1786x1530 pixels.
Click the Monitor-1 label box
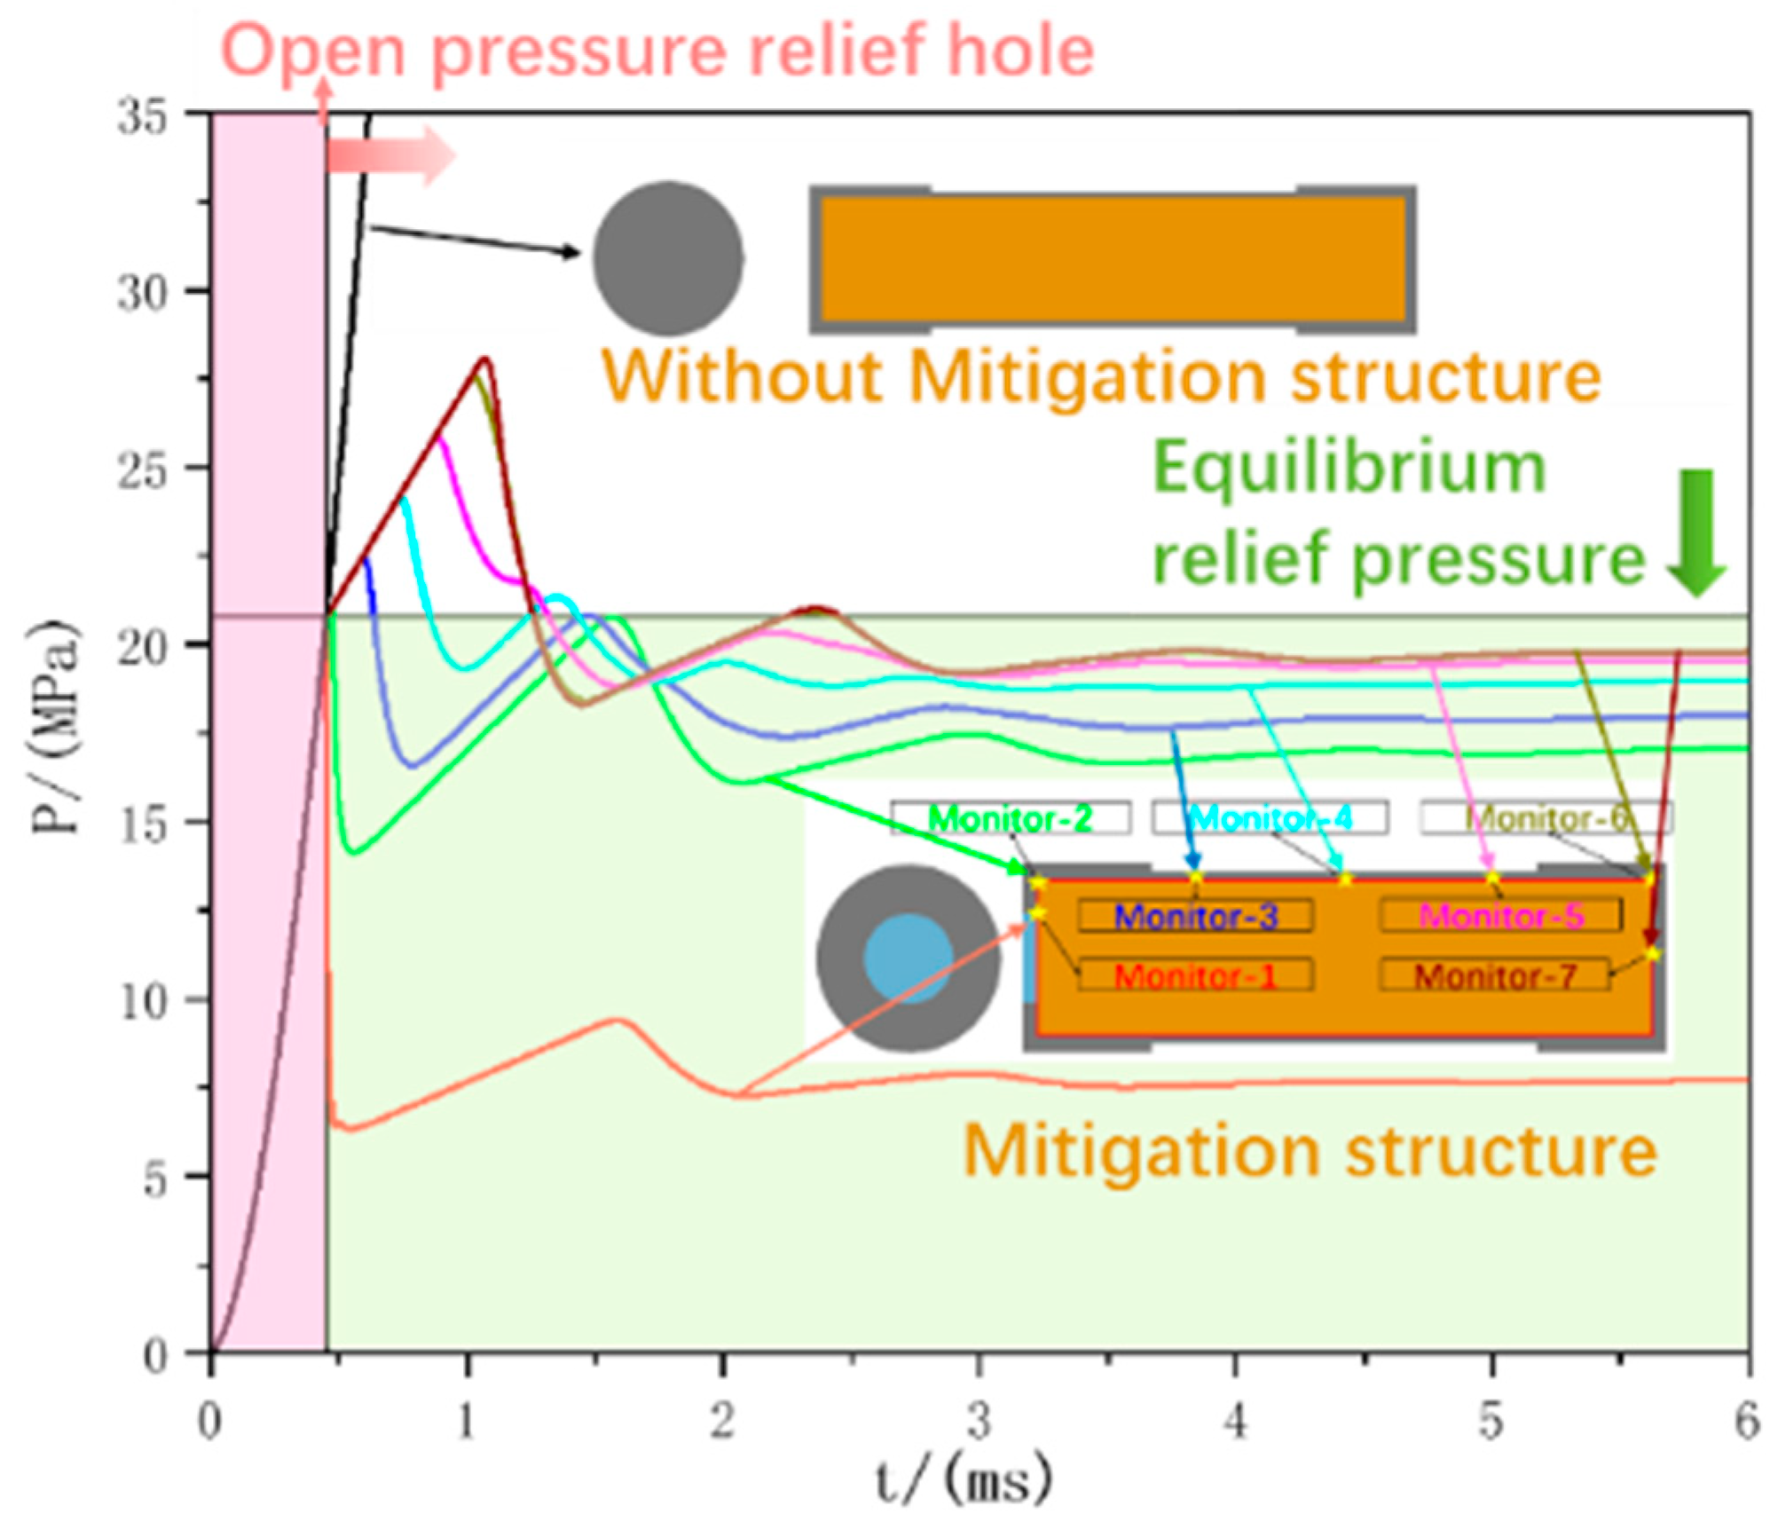(1195, 976)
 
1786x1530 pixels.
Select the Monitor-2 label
(1011, 818)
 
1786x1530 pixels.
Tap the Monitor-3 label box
(1195, 916)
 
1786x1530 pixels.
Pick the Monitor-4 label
(1270, 818)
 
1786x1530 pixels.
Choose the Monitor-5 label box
(1500, 916)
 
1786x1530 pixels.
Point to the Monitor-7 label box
(1495, 976)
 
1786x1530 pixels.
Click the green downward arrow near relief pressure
(1697, 532)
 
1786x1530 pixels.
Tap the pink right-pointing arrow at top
(391, 156)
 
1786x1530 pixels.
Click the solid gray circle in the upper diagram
(668, 258)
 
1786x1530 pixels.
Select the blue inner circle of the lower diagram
(909, 959)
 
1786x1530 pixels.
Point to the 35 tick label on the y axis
(142, 116)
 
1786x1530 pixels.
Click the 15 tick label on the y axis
(142, 824)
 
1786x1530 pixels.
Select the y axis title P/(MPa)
(55, 728)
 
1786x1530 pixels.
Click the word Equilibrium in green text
(1349, 468)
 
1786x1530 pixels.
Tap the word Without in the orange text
(741, 377)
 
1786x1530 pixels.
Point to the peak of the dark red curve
(484, 359)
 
